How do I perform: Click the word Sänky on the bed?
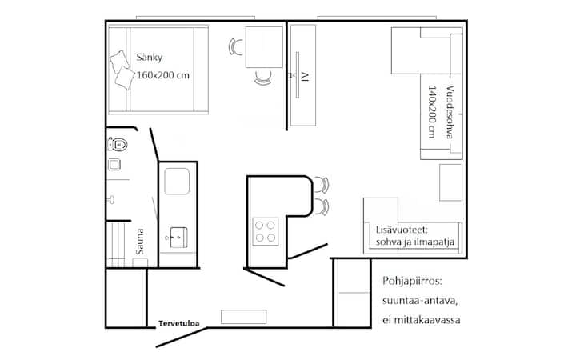click(x=150, y=58)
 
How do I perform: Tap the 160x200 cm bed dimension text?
click(x=163, y=75)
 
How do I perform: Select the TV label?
click(x=305, y=77)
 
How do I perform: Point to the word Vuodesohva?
click(x=450, y=112)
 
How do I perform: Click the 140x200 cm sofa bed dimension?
click(x=432, y=112)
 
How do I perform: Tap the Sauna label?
click(x=139, y=242)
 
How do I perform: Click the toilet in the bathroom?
click(x=118, y=144)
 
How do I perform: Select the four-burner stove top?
click(x=266, y=231)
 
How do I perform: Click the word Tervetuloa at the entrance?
click(x=179, y=324)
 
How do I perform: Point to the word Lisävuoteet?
click(x=402, y=230)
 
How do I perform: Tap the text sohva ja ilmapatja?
click(x=415, y=242)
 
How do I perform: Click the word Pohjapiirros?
click(x=412, y=282)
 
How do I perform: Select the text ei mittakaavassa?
click(x=422, y=320)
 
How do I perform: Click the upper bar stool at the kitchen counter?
click(x=321, y=185)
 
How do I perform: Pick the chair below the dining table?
click(x=263, y=78)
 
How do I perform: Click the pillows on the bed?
click(x=122, y=70)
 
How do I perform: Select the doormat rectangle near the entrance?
click(x=243, y=317)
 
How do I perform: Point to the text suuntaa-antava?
click(x=420, y=302)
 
